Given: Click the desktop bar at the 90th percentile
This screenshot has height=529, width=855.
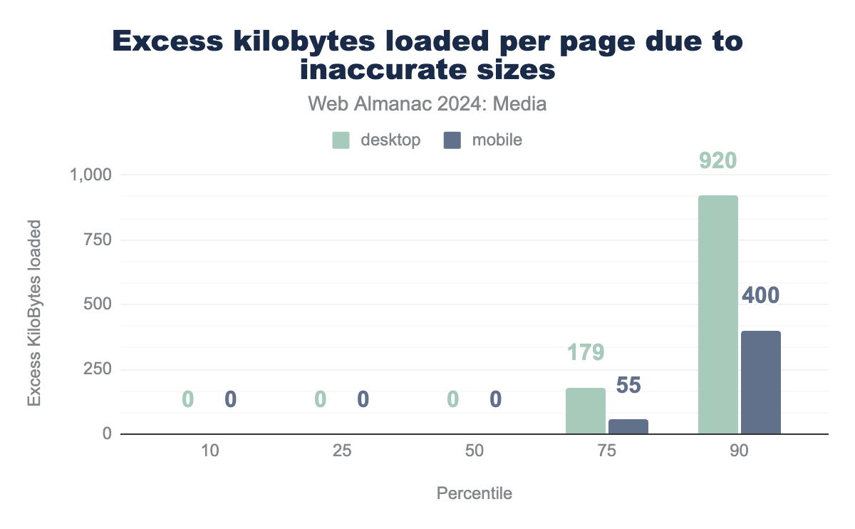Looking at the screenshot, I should coord(717,314).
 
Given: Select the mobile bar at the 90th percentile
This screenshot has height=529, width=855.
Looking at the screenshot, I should coord(760,382).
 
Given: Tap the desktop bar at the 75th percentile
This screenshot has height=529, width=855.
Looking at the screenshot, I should coord(586,411).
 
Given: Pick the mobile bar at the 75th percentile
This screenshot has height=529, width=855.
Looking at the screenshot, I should coord(628,426).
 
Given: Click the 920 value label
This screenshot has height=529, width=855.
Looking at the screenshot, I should coord(717,160).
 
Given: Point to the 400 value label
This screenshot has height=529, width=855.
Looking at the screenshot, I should coord(760,295).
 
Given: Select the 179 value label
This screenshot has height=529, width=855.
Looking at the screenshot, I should coord(586,352).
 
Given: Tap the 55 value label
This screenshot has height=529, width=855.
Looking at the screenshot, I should coord(628,386).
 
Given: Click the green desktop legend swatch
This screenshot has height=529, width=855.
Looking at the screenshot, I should coord(341,140).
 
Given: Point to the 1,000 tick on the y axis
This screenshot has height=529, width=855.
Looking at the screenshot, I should coord(90,175).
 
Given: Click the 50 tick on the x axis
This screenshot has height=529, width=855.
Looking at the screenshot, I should coord(474,452).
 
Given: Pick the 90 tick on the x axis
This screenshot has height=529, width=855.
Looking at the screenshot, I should coord(739,452).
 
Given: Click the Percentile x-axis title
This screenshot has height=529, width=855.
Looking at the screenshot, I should coord(474,493).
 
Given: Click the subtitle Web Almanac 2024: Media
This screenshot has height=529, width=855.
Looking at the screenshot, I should coord(427,104).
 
